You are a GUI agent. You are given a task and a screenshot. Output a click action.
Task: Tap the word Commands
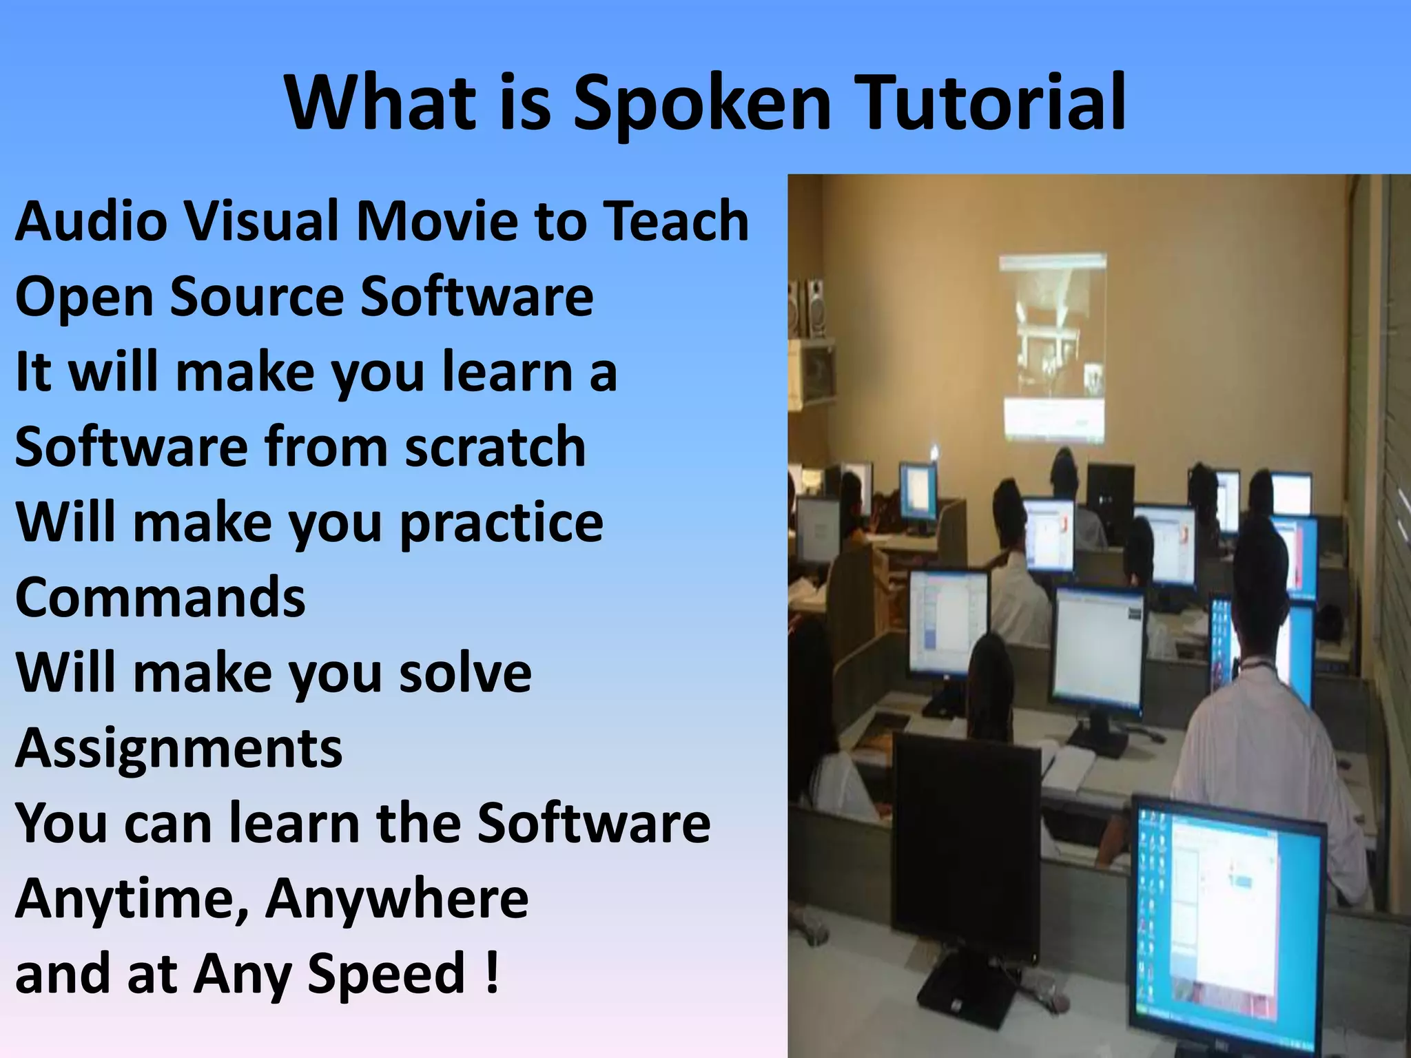point(160,598)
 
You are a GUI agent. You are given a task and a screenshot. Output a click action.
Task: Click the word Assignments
point(178,749)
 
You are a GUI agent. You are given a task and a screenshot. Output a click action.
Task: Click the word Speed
point(387,975)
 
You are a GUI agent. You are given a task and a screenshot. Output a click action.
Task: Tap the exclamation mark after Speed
point(491,973)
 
